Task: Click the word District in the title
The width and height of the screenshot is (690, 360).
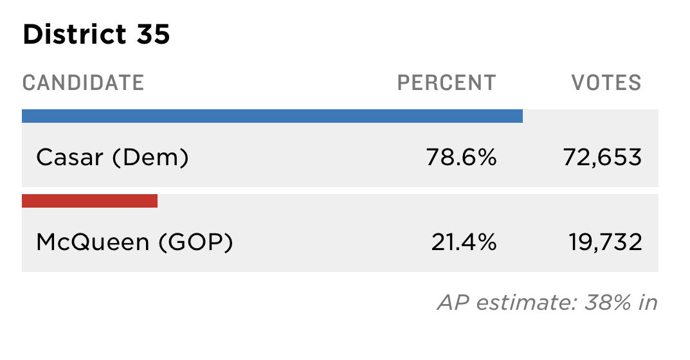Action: pyautogui.click(x=75, y=34)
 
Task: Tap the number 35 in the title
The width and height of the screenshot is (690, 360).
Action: pyautogui.click(x=153, y=34)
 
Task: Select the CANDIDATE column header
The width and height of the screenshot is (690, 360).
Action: pyautogui.click(x=83, y=83)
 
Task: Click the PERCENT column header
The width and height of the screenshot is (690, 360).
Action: pyautogui.click(x=447, y=83)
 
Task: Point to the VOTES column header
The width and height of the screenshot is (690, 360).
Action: pyautogui.click(x=606, y=83)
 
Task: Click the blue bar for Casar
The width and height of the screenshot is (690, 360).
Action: pyautogui.click(x=273, y=116)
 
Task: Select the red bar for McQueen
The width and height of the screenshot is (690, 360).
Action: pyautogui.click(x=90, y=201)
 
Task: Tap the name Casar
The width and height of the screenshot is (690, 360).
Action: pyautogui.click(x=69, y=157)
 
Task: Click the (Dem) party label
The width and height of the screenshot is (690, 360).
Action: pyautogui.click(x=150, y=157)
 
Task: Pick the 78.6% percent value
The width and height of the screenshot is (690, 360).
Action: pyautogui.click(x=461, y=157)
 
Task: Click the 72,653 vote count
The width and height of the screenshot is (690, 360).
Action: pyautogui.click(x=603, y=157)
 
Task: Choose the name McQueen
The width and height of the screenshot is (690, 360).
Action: pyautogui.click(x=93, y=242)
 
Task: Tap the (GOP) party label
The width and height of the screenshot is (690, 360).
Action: pyautogui.click(x=195, y=242)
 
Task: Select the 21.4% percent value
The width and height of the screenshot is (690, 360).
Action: pyautogui.click(x=464, y=242)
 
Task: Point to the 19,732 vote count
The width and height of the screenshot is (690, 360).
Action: pyautogui.click(x=606, y=242)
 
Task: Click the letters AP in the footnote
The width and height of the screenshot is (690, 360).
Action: pyautogui.click(x=453, y=302)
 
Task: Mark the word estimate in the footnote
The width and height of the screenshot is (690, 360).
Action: pyautogui.click(x=526, y=302)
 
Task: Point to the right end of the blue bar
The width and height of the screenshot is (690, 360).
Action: pyautogui.click(x=522, y=116)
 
